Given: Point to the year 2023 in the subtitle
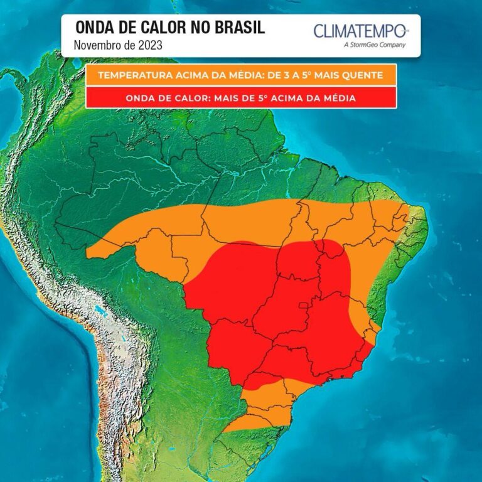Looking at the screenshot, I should pyautogui.click(x=150, y=45).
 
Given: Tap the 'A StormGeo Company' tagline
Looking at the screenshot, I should pyautogui.click(x=375, y=45).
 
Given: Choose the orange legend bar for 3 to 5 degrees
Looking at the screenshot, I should pyautogui.click(x=241, y=75).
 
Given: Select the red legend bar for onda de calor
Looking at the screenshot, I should pyautogui.click(x=241, y=98).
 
